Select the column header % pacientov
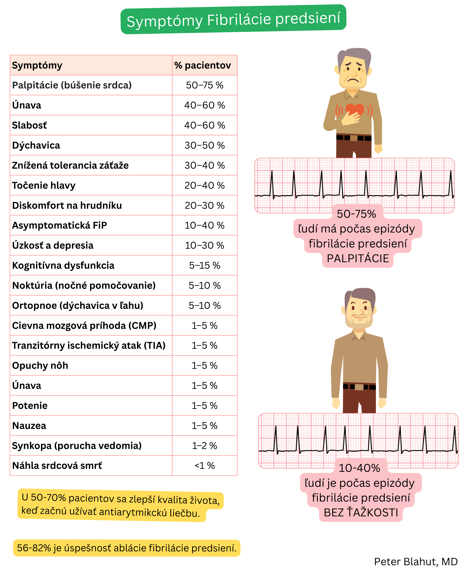[202, 65]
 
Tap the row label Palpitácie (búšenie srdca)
[72, 85]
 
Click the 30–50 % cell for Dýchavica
[204, 145]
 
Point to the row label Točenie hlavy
[44, 185]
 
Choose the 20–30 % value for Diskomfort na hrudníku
[204, 206]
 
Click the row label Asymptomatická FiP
[59, 225]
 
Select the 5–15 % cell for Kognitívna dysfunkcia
[204, 266]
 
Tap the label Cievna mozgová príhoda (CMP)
[84, 326]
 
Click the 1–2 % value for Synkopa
[204, 446]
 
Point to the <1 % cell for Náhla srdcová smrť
[204, 466]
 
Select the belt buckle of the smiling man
[359, 387]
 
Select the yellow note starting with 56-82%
[126, 548]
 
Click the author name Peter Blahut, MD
[416, 562]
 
